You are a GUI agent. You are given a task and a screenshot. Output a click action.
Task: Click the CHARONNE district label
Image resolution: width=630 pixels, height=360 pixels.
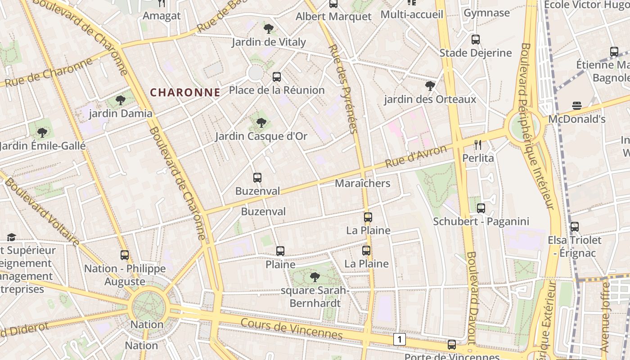(185, 93)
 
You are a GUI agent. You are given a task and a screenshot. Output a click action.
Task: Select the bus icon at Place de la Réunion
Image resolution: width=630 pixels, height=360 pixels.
(277, 77)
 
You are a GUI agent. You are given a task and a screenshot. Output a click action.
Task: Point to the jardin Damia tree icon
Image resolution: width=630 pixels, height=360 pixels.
(120, 100)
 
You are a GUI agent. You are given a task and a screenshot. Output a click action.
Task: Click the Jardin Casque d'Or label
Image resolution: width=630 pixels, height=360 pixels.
(261, 136)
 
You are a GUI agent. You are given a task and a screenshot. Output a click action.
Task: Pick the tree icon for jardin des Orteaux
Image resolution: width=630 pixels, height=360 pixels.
(430, 85)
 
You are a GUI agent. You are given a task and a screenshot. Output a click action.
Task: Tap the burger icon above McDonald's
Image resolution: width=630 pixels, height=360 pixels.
(577, 106)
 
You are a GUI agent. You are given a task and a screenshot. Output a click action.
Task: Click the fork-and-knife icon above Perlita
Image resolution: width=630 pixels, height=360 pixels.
(478, 145)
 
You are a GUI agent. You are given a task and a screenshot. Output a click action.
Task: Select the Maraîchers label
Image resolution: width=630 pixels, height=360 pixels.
(363, 184)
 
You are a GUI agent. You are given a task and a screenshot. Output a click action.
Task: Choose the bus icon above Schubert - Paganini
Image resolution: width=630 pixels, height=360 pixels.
(481, 208)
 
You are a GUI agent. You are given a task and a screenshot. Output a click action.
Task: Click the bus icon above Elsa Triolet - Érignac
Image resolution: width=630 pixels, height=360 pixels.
(575, 227)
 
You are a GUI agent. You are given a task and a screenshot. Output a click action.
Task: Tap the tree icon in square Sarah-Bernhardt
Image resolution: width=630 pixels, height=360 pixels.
(315, 277)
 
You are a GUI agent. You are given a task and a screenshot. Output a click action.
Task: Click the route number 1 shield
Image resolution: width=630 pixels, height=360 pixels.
(399, 339)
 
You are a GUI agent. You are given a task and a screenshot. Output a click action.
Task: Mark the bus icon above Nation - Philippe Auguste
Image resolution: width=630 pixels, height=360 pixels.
(125, 255)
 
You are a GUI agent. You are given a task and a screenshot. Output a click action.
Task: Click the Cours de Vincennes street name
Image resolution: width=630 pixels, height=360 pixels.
(292, 329)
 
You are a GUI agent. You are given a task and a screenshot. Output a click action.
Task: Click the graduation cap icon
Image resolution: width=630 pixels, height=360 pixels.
(11, 237)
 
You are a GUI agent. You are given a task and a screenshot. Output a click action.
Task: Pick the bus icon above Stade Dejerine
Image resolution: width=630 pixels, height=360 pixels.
(476, 40)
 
